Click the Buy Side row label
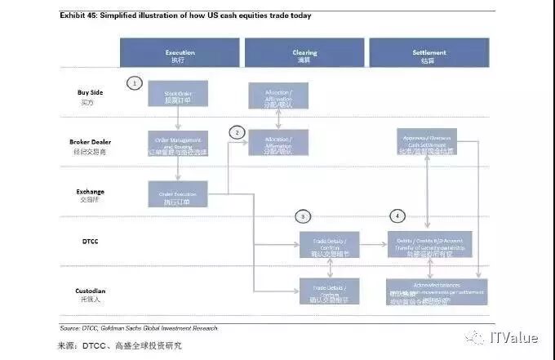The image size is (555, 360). pyautogui.click(x=91, y=96)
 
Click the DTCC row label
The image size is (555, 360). pyautogui.click(x=91, y=242)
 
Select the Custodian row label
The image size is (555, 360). pyautogui.click(x=91, y=294)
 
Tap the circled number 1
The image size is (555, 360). pyautogui.click(x=135, y=82)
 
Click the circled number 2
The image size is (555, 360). pyautogui.click(x=237, y=132)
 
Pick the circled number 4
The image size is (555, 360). pyautogui.click(x=397, y=216)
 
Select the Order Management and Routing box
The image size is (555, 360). pyautogui.click(x=178, y=144)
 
